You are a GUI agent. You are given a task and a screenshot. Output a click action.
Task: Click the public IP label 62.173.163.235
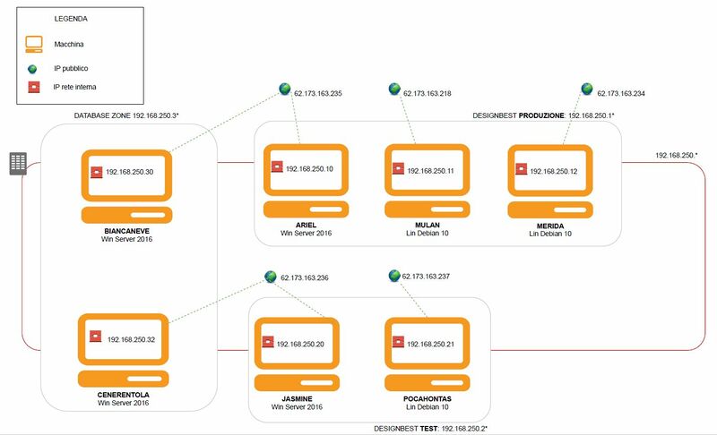click(x=318, y=92)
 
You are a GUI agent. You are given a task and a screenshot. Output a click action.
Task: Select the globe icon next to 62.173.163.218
click(x=393, y=90)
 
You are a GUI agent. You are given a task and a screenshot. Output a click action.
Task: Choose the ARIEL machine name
click(x=307, y=225)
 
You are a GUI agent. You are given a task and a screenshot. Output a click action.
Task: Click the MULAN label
click(x=428, y=225)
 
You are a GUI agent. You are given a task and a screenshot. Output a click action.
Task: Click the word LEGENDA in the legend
click(x=72, y=19)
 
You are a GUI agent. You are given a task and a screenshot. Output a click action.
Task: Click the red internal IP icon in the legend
click(x=33, y=88)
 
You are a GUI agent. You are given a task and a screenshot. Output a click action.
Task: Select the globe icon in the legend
click(x=33, y=67)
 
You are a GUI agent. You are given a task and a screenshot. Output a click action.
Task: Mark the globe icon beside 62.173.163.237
click(x=393, y=276)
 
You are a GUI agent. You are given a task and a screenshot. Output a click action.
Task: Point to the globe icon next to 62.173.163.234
click(x=587, y=90)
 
